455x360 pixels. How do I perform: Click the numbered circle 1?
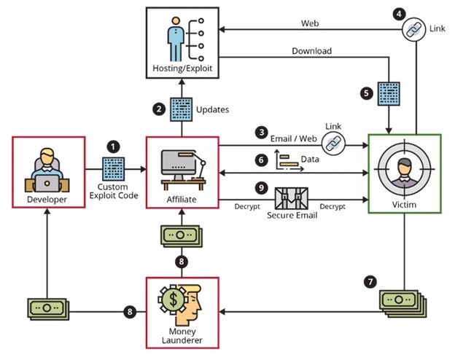tap(113, 146)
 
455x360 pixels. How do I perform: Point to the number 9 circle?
tap(260, 187)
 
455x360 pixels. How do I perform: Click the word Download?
tap(312, 51)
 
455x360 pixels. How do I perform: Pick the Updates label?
tap(213, 109)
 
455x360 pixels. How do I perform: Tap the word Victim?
tap(404, 206)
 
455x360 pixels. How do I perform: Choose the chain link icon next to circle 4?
tap(414, 29)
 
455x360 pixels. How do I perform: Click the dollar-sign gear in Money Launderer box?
tap(174, 299)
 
